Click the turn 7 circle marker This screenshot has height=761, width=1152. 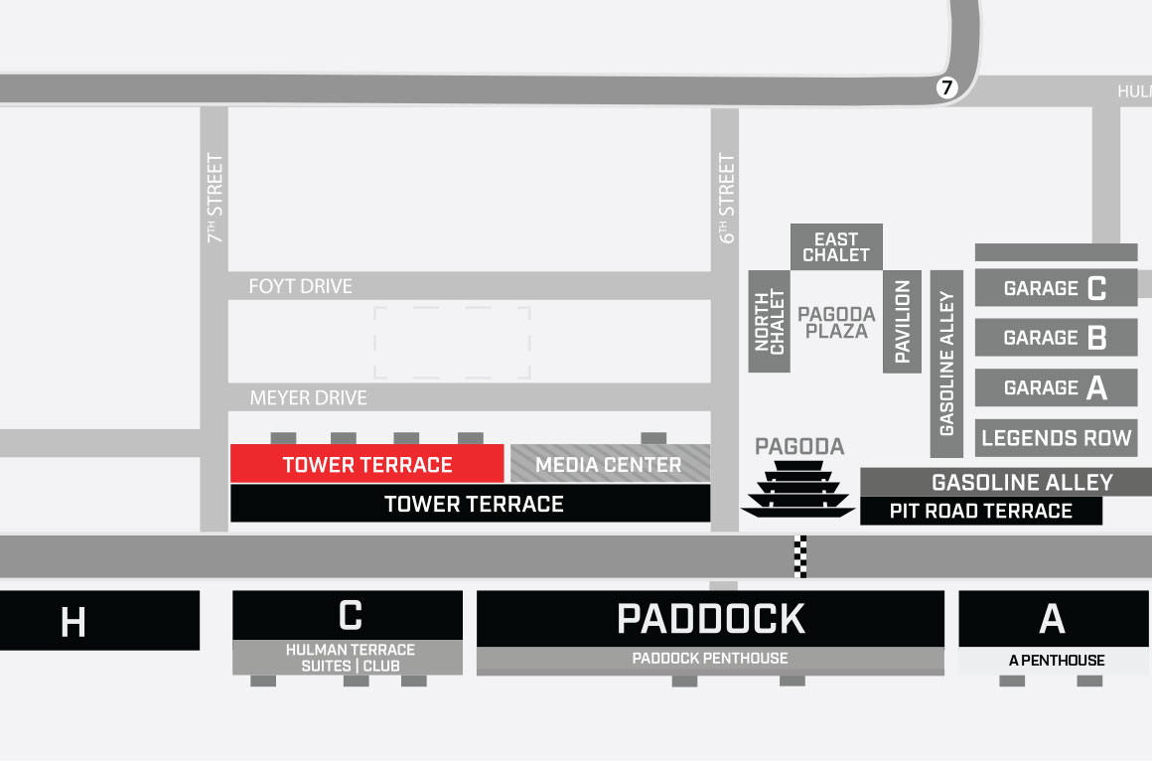coord(945,88)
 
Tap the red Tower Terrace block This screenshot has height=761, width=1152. coord(367,464)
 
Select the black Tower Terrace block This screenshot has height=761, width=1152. coord(471,504)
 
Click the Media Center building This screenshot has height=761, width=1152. coord(610,464)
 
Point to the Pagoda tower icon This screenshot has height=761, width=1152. coord(797,489)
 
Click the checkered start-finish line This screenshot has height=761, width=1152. coord(800,556)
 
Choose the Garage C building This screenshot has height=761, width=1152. coord(1056,288)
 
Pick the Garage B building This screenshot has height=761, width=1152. coord(1056,338)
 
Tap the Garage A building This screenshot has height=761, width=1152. coord(1056,387)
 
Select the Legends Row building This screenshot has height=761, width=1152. coord(1056,438)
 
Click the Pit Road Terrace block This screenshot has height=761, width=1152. coord(980,512)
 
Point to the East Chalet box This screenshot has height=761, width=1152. coord(836,246)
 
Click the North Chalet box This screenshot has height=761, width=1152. coord(769,322)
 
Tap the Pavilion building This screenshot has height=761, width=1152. coord(903,322)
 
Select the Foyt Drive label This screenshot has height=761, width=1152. coord(300,286)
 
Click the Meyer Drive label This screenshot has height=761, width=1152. coord(308,397)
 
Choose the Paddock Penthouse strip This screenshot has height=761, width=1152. coord(710,659)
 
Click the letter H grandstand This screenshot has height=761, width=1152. coord(73,622)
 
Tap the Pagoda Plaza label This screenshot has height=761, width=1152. coord(836,322)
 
